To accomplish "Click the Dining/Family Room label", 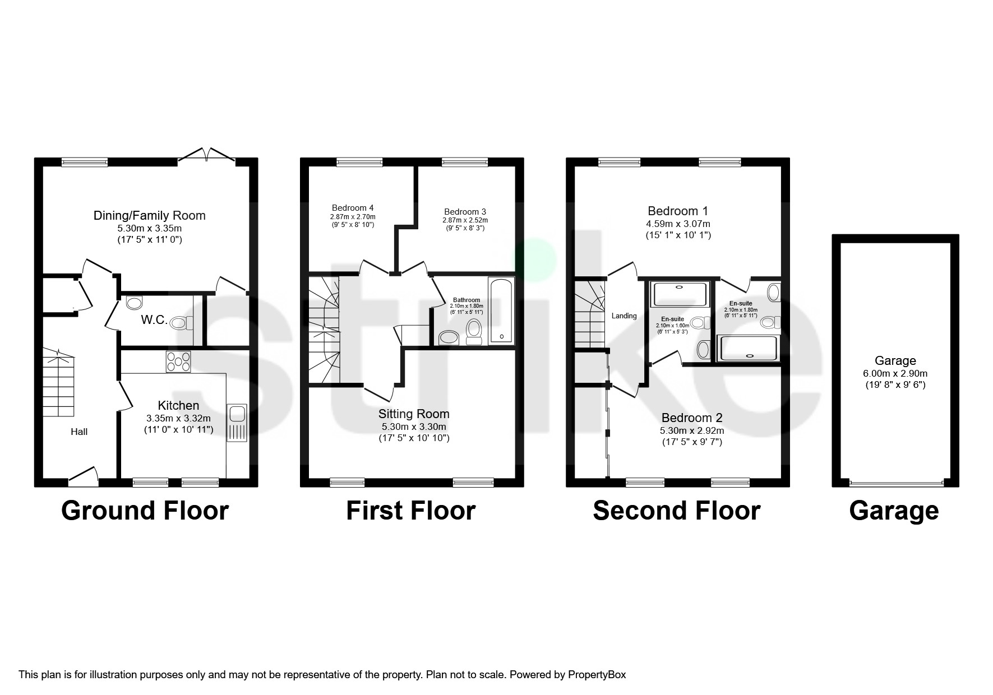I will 149,215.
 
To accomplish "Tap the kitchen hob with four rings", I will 178,362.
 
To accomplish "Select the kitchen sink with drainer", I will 236,423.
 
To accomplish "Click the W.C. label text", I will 153,321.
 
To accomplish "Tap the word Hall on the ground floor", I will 79,432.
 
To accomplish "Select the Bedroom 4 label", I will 352,207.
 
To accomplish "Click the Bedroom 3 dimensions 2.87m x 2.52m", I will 465,220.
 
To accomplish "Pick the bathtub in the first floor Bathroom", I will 501,310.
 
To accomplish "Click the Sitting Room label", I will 414,414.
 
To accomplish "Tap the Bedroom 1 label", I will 677,211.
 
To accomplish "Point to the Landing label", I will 623,316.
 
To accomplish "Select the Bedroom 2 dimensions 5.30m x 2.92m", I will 691,430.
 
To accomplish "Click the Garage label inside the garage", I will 895,361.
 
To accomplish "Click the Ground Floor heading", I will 145,511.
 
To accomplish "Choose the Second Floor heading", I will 676,511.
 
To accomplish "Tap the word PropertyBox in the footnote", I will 597,674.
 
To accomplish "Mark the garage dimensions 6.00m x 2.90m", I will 895,373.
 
